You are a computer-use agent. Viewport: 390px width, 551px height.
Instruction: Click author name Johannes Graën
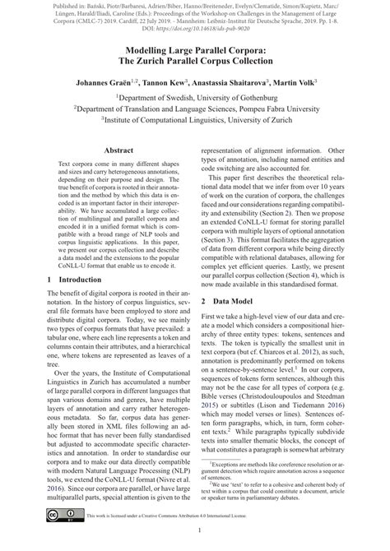click(91, 82)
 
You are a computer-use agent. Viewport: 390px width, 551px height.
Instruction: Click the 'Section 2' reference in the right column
click(301, 211)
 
